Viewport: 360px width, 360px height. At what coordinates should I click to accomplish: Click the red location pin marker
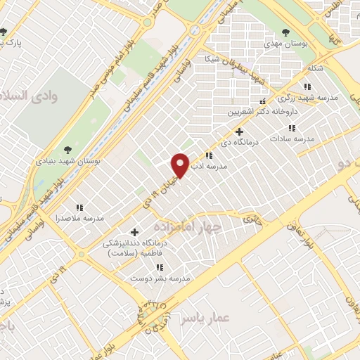tap(181, 165)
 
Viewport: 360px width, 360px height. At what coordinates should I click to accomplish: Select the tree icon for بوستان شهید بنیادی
tap(67, 149)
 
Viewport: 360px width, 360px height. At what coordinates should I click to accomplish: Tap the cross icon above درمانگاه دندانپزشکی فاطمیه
tap(136, 232)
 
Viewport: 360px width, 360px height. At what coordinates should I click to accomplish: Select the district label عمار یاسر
tap(205, 319)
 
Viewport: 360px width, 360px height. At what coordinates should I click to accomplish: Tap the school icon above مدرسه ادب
tap(208, 155)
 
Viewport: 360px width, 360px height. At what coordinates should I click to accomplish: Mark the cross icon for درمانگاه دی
tap(239, 131)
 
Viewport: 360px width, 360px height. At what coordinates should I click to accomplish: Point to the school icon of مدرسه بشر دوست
tap(160, 267)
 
